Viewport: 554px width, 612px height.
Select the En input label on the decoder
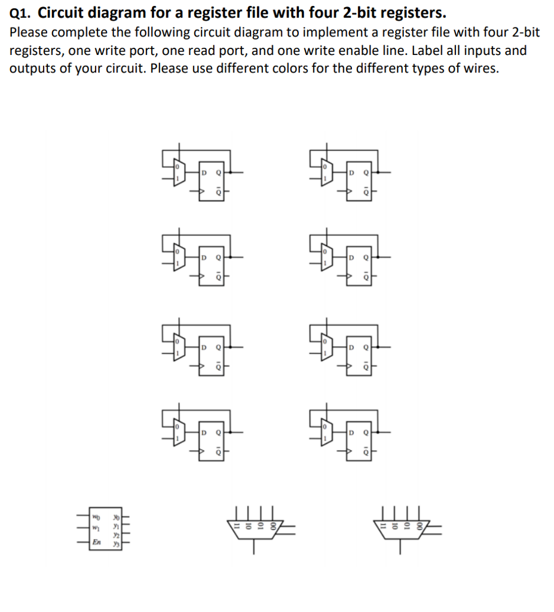(x=96, y=542)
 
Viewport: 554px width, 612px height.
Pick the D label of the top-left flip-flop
(x=203, y=173)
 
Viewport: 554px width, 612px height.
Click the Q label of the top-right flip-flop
(x=366, y=173)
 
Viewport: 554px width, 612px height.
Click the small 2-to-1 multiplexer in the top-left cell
(x=178, y=173)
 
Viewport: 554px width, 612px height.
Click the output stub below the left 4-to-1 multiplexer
(x=253, y=547)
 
